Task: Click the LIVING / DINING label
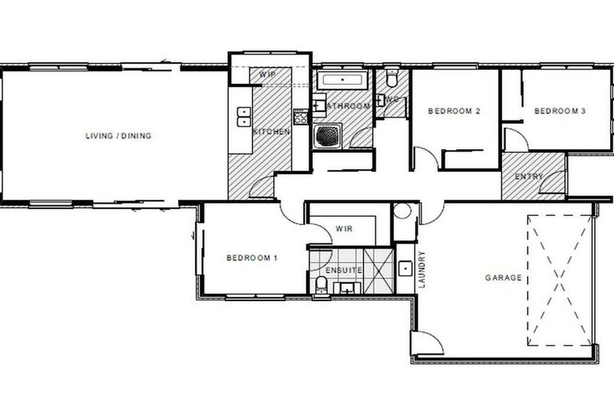pos(118,136)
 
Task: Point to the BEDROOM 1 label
pos(252,257)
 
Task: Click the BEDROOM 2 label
pos(453,111)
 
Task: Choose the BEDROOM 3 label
pos(560,111)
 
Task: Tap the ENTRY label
pos(529,177)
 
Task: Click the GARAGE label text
pos(504,278)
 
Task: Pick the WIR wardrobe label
pos(345,229)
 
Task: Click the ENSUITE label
pos(343,271)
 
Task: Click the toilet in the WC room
pos(392,80)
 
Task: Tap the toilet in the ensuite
pos(320,285)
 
